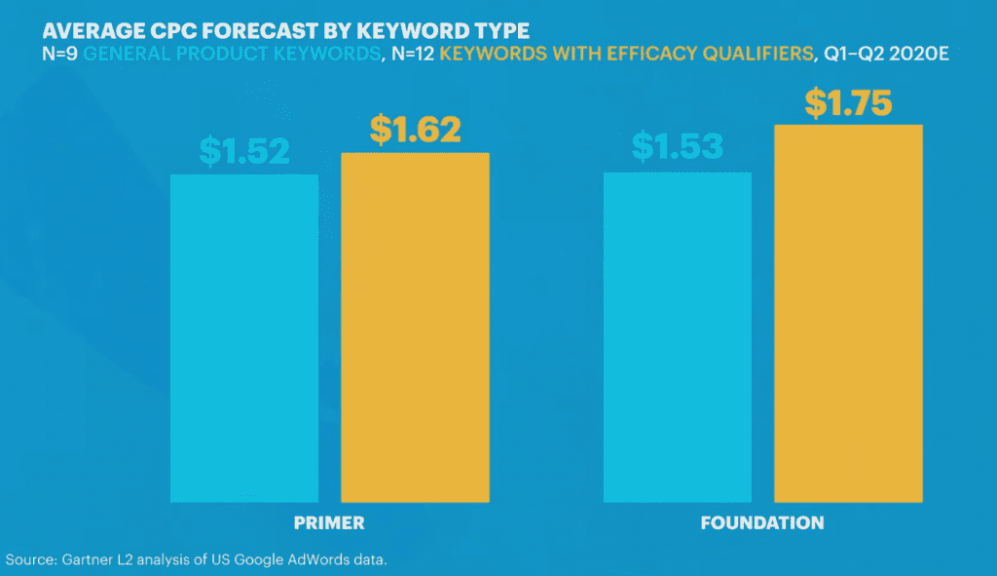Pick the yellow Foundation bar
[848, 313]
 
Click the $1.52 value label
[244, 149]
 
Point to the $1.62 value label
[415, 129]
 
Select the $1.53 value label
[678, 147]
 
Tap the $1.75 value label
[848, 102]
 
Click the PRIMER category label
[329, 523]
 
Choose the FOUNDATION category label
[762, 523]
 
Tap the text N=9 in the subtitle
[61, 56]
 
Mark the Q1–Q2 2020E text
[886, 56]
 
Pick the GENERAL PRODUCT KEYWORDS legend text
[231, 56]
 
